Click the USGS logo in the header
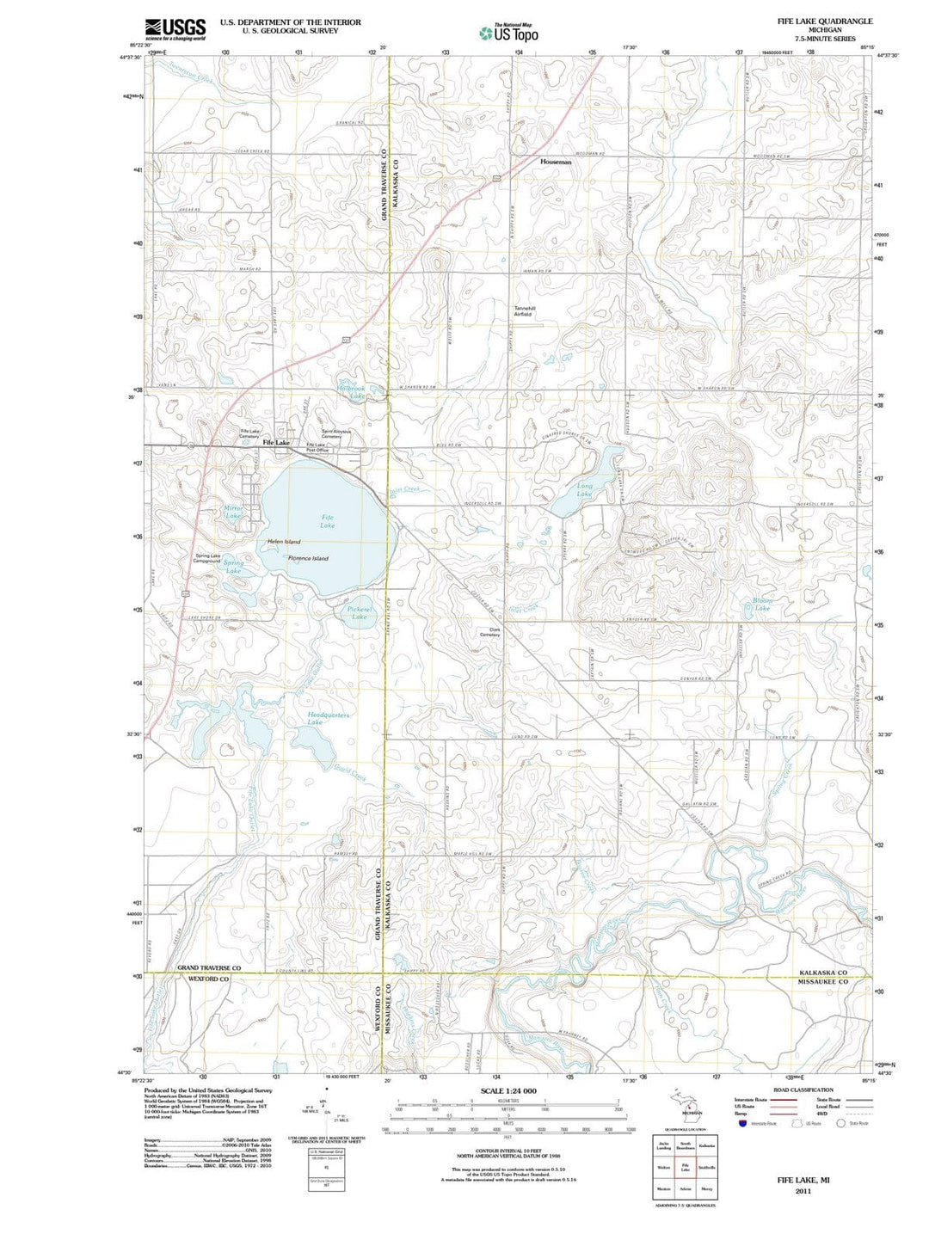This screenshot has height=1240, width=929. [x=175, y=29]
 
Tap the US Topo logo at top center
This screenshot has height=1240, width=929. [x=510, y=33]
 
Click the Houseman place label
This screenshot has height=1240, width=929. [x=556, y=162]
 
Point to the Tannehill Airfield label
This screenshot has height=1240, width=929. [x=524, y=311]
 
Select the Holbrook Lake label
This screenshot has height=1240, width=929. [x=352, y=392]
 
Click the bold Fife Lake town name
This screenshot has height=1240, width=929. [x=276, y=442]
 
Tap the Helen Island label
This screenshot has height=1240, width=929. [x=284, y=542]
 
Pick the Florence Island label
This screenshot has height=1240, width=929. [x=308, y=558]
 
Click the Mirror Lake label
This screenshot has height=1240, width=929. [x=233, y=512]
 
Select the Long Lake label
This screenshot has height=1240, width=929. [x=584, y=490]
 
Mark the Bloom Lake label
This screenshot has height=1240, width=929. [x=762, y=604]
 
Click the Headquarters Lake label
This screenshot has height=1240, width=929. [x=328, y=719]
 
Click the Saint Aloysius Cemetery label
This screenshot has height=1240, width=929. [x=331, y=434]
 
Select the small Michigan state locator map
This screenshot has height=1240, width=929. [x=687, y=1104]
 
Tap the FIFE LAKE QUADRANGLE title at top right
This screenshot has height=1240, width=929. [x=824, y=21]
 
